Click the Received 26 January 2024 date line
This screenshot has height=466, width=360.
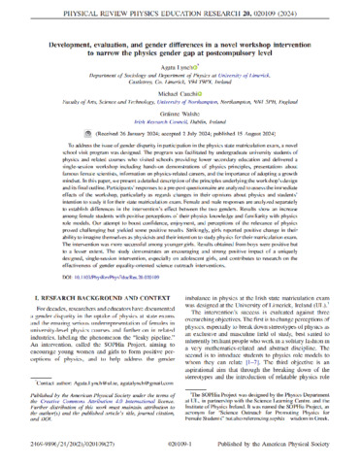pos(180,161)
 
